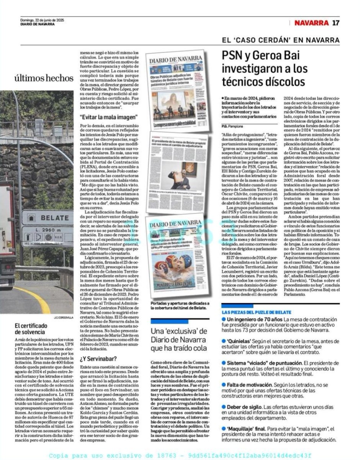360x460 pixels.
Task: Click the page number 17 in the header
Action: pos(335,23)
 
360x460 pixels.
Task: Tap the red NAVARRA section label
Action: pos(311,23)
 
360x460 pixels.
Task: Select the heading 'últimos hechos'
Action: pos(44,78)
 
